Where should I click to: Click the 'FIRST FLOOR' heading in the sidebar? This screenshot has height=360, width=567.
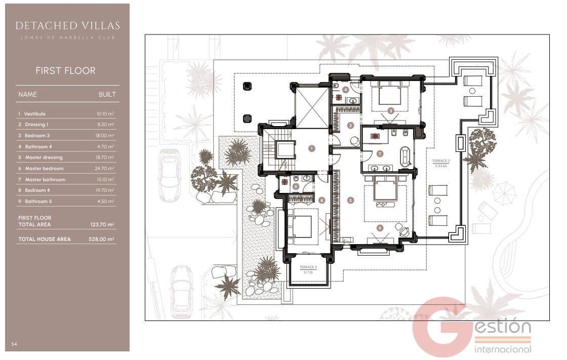click(x=65, y=71)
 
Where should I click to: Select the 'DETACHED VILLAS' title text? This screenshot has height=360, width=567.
click(x=67, y=25)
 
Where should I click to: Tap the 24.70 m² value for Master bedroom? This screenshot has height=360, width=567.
click(x=105, y=169)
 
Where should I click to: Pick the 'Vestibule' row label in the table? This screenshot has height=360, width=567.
click(x=35, y=114)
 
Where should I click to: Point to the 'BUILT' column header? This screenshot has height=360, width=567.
click(x=107, y=95)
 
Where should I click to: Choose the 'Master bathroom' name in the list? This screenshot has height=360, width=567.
click(x=45, y=180)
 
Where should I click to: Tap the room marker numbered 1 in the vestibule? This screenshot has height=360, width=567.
click(x=312, y=148)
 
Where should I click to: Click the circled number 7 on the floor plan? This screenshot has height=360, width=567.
click(x=379, y=153)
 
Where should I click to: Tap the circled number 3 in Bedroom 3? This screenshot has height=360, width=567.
click(x=391, y=110)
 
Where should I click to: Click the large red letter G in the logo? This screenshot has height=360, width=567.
click(x=439, y=327)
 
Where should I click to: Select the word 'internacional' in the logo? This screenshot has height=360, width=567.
click(x=503, y=349)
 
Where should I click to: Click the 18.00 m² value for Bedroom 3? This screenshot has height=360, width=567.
click(x=105, y=136)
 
